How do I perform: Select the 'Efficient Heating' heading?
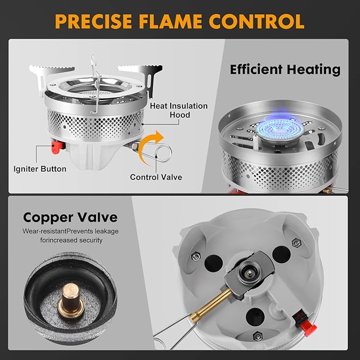click(285, 69)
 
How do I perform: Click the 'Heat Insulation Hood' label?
click(179, 110)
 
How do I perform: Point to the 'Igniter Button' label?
click(40, 169)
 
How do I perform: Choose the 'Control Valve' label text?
click(156, 177)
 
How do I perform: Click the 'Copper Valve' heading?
click(70, 217)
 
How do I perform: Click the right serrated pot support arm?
click(136, 69)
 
